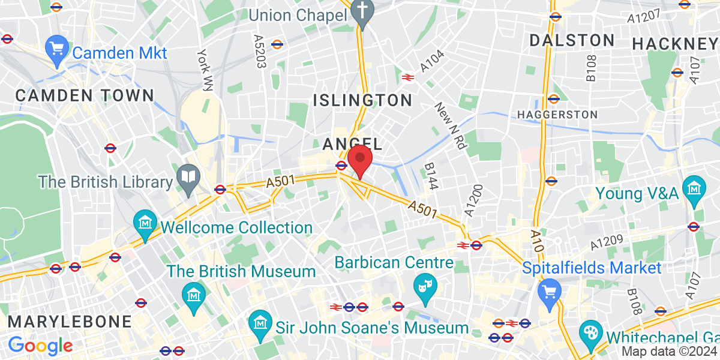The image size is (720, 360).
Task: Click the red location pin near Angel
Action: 360,159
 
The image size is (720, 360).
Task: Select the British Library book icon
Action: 190,177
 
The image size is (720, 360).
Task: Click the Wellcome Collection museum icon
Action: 146,223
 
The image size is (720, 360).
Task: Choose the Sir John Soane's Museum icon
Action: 260,324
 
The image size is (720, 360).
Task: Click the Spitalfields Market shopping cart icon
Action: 549,292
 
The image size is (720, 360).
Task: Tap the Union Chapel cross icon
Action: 362,10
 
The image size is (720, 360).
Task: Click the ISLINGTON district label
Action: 362,100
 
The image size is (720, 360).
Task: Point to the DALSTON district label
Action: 572,40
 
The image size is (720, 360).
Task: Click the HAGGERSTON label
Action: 557,114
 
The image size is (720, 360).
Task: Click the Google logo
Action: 40,346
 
